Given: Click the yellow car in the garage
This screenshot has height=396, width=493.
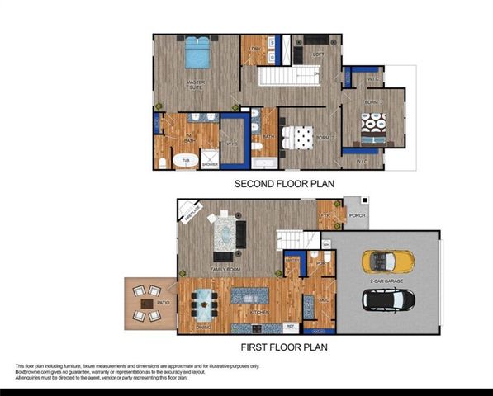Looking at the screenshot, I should tap(384, 262).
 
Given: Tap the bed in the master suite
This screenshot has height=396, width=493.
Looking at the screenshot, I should tap(197, 53).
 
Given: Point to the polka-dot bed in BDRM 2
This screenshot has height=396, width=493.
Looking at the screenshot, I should tap(296, 137).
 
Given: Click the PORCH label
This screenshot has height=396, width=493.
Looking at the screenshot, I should tap(357, 216).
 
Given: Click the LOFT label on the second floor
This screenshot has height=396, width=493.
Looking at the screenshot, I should tap(319, 55).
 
